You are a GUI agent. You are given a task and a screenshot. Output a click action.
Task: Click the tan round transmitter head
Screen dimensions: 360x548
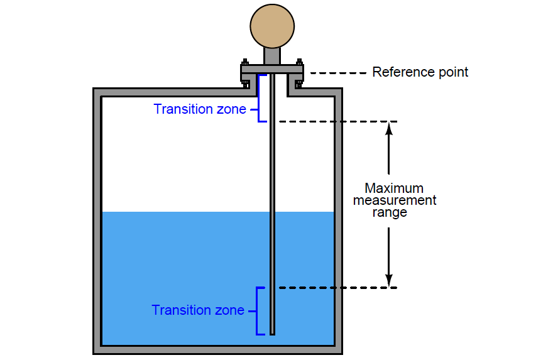point(272,26)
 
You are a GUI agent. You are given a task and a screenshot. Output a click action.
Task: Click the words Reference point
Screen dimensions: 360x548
point(420,72)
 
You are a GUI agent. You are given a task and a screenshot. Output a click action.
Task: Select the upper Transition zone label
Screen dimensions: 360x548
point(200,109)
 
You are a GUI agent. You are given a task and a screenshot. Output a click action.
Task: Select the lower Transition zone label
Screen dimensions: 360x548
point(198,310)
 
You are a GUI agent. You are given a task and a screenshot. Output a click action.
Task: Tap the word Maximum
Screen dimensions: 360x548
point(394,188)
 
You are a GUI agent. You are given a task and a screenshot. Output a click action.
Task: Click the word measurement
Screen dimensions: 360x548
point(394,200)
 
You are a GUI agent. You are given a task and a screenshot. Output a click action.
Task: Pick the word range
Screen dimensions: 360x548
point(390,212)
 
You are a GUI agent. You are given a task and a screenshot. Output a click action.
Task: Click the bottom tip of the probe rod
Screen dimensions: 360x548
point(272,332)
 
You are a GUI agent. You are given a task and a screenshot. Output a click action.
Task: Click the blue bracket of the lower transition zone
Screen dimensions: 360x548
point(257,311)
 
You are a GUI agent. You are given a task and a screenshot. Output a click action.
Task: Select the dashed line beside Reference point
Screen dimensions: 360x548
point(338,73)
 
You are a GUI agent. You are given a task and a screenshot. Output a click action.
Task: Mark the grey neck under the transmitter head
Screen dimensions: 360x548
point(272,56)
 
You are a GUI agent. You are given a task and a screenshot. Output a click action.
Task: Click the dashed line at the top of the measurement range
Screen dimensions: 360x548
point(333,121)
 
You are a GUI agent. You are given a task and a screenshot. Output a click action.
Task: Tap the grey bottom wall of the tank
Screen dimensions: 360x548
point(217,350)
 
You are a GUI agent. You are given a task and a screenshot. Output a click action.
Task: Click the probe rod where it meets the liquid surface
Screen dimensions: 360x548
point(272,212)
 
